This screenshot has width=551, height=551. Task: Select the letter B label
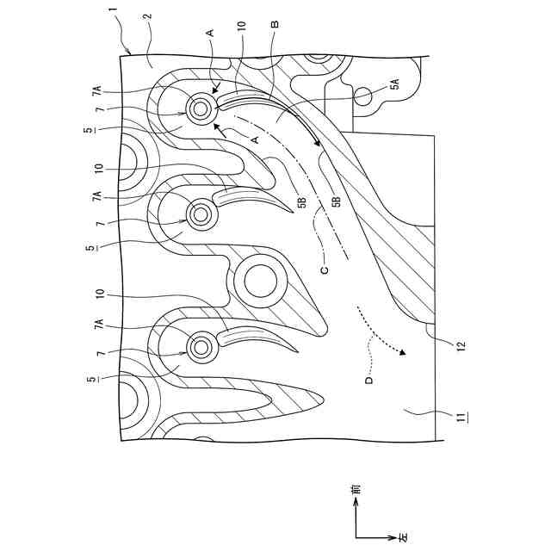point(273,25)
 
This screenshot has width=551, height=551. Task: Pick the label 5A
point(394,84)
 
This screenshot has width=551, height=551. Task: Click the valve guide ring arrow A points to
point(202,108)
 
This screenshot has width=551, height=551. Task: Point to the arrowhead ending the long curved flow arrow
point(319,146)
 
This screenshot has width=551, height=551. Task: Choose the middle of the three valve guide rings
point(202,213)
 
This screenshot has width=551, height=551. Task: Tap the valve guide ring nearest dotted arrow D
point(202,348)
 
